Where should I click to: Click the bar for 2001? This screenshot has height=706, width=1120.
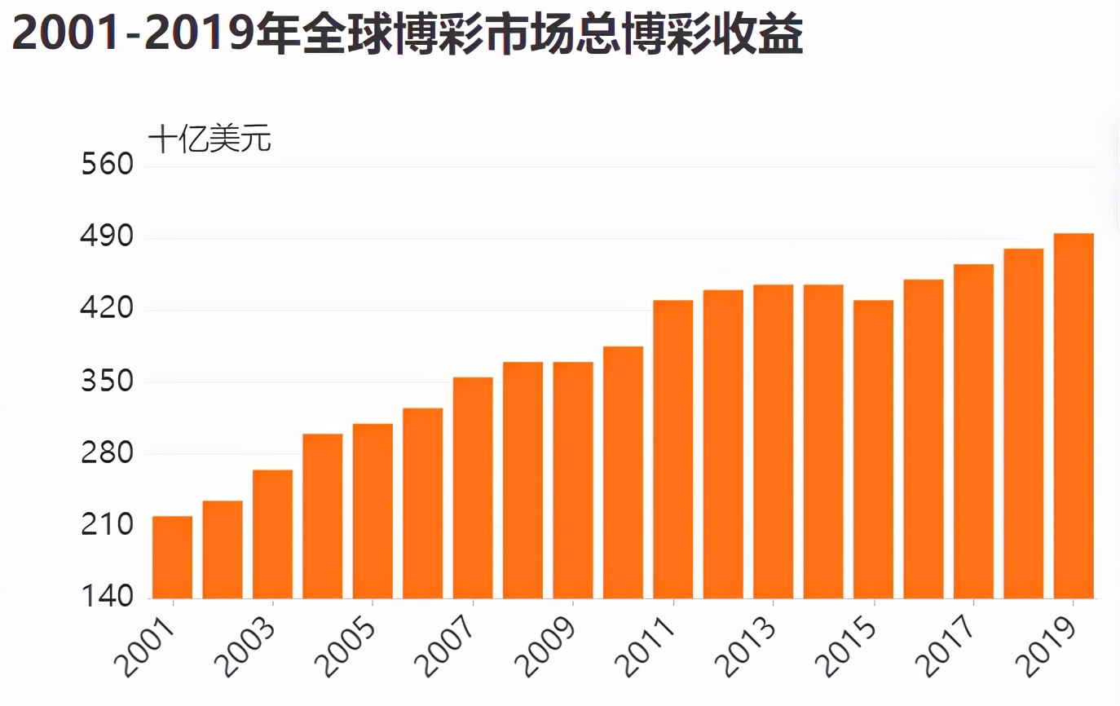(x=172, y=557)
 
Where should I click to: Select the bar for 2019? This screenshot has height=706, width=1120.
(x=1073, y=416)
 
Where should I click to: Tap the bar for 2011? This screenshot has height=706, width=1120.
(x=672, y=449)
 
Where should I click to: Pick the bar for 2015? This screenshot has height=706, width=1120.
(x=873, y=449)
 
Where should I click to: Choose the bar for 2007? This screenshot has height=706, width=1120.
(x=473, y=488)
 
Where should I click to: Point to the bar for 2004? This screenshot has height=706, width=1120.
(x=323, y=516)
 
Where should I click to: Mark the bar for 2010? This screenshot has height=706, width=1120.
(x=623, y=472)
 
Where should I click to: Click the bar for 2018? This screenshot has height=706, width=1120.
(x=1023, y=423)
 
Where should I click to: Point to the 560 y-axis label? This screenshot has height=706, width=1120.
(x=108, y=165)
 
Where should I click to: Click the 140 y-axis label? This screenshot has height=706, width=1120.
(x=108, y=597)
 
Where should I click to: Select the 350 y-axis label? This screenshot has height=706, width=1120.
(x=108, y=382)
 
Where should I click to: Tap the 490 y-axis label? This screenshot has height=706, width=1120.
(x=108, y=238)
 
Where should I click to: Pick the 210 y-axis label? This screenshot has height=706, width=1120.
(x=108, y=525)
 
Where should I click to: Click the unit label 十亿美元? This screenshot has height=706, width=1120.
(x=209, y=139)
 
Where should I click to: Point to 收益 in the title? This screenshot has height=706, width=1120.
(x=761, y=35)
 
